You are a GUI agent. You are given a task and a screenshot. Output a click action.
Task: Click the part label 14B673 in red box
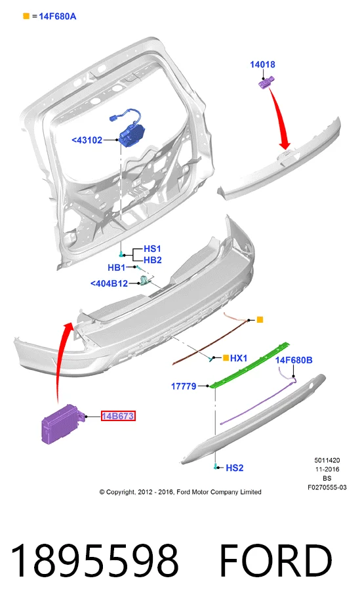click(x=118, y=416)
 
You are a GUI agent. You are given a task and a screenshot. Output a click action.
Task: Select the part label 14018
click(x=262, y=64)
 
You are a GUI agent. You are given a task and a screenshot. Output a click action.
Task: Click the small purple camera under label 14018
click(x=266, y=83)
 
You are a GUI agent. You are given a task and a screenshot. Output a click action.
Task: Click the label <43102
click(x=87, y=140)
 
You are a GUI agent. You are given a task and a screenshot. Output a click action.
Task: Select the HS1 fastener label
click(x=152, y=249)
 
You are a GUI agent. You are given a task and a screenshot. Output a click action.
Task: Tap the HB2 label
click(x=153, y=260)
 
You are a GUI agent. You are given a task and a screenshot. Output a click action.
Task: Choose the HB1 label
click(x=117, y=268)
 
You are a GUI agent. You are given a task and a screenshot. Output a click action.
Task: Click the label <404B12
click(x=110, y=283)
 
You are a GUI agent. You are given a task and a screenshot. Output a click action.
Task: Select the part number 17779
click(x=184, y=386)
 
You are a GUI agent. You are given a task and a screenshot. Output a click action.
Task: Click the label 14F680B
click(x=294, y=360)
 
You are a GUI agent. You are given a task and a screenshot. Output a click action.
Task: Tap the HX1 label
click(x=239, y=358)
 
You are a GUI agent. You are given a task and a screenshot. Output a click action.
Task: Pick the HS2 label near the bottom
click(x=234, y=468)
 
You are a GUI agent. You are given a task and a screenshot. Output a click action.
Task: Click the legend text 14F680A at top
click(x=57, y=16)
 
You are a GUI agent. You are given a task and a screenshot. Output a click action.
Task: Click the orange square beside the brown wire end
click(x=260, y=319)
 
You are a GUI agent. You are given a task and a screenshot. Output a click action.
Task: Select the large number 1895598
click(x=95, y=561)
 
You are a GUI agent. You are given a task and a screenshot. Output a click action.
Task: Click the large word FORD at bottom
click(x=276, y=561)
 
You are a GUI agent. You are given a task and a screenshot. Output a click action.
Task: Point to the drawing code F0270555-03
click(x=327, y=487)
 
